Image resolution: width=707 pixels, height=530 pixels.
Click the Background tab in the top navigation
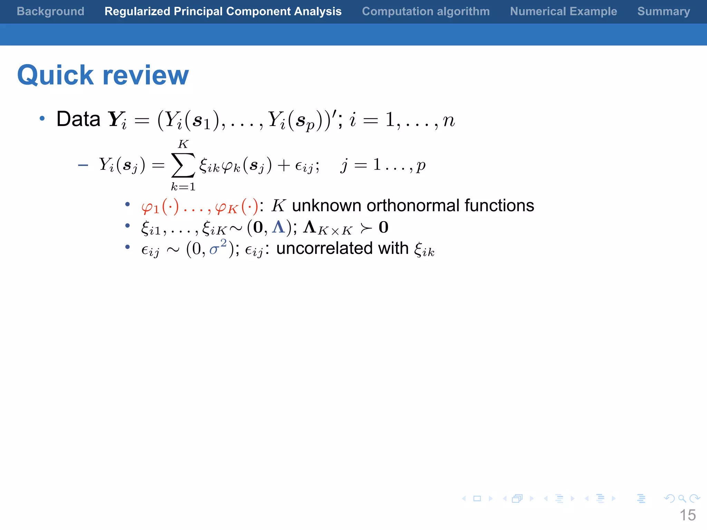click(50, 11)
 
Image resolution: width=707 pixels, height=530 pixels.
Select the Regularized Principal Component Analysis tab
click(223, 11)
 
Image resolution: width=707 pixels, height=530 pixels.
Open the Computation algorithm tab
click(426, 11)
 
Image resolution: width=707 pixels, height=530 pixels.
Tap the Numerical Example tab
click(563, 11)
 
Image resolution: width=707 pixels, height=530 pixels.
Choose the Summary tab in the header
click(664, 11)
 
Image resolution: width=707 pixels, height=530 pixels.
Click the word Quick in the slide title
click(55, 75)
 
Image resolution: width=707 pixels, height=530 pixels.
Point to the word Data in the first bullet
click(78, 119)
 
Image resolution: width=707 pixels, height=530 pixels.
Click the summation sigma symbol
click(183, 165)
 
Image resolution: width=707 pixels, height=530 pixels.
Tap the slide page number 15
click(688, 515)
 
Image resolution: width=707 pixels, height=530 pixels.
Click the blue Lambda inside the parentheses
click(279, 227)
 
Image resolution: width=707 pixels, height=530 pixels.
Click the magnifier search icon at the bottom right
click(682, 499)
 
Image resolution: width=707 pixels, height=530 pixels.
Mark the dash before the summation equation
click(83, 166)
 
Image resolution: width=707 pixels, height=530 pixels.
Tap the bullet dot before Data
click(42, 119)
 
